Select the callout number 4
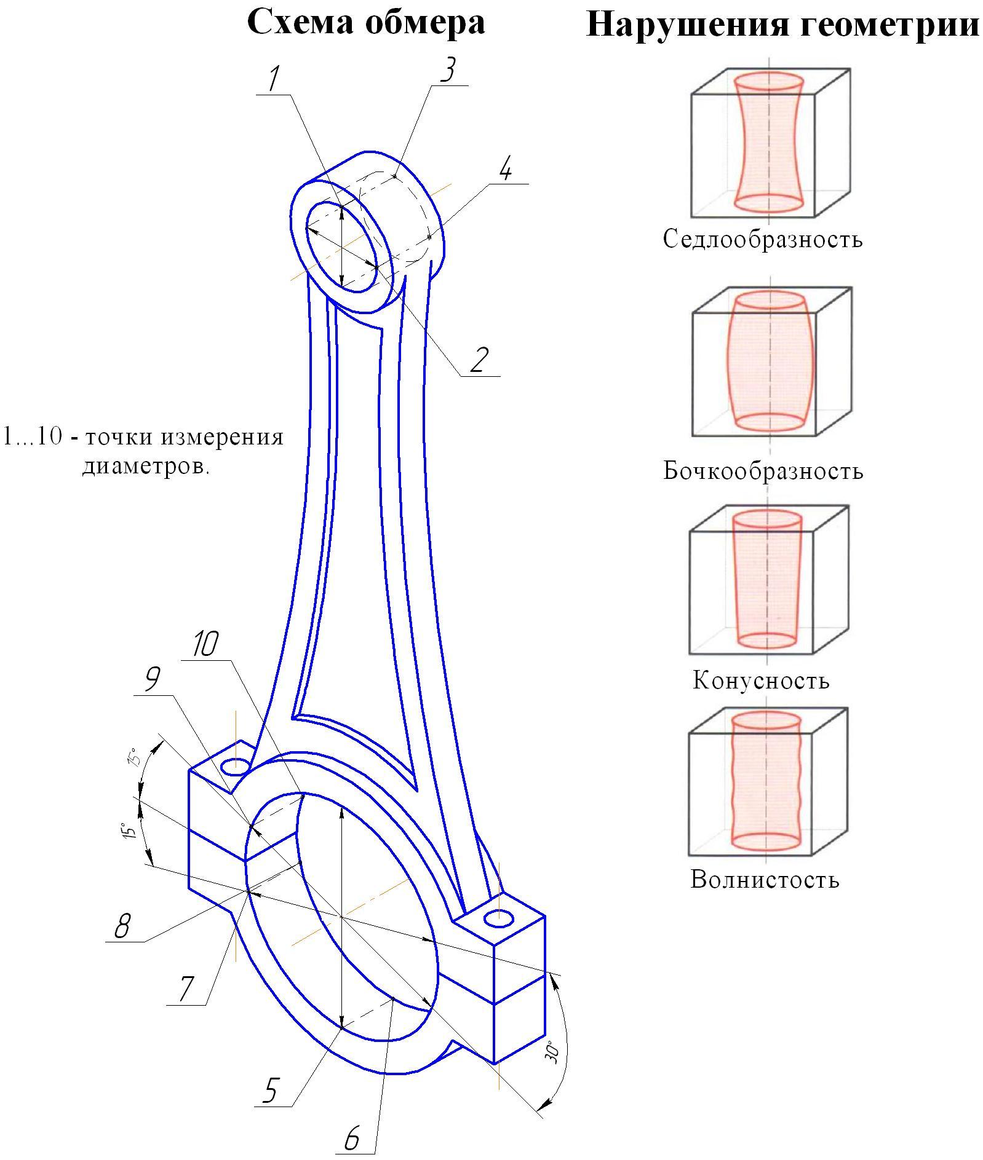click(x=506, y=168)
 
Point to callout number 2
click(x=479, y=360)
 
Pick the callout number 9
click(x=152, y=680)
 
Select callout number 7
click(x=185, y=988)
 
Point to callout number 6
click(x=352, y=1138)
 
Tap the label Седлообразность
click(x=763, y=239)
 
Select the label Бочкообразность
click(x=763, y=471)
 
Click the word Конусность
click(x=761, y=681)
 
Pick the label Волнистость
click(x=765, y=880)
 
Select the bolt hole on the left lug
click(x=236, y=767)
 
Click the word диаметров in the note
click(x=146, y=467)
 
